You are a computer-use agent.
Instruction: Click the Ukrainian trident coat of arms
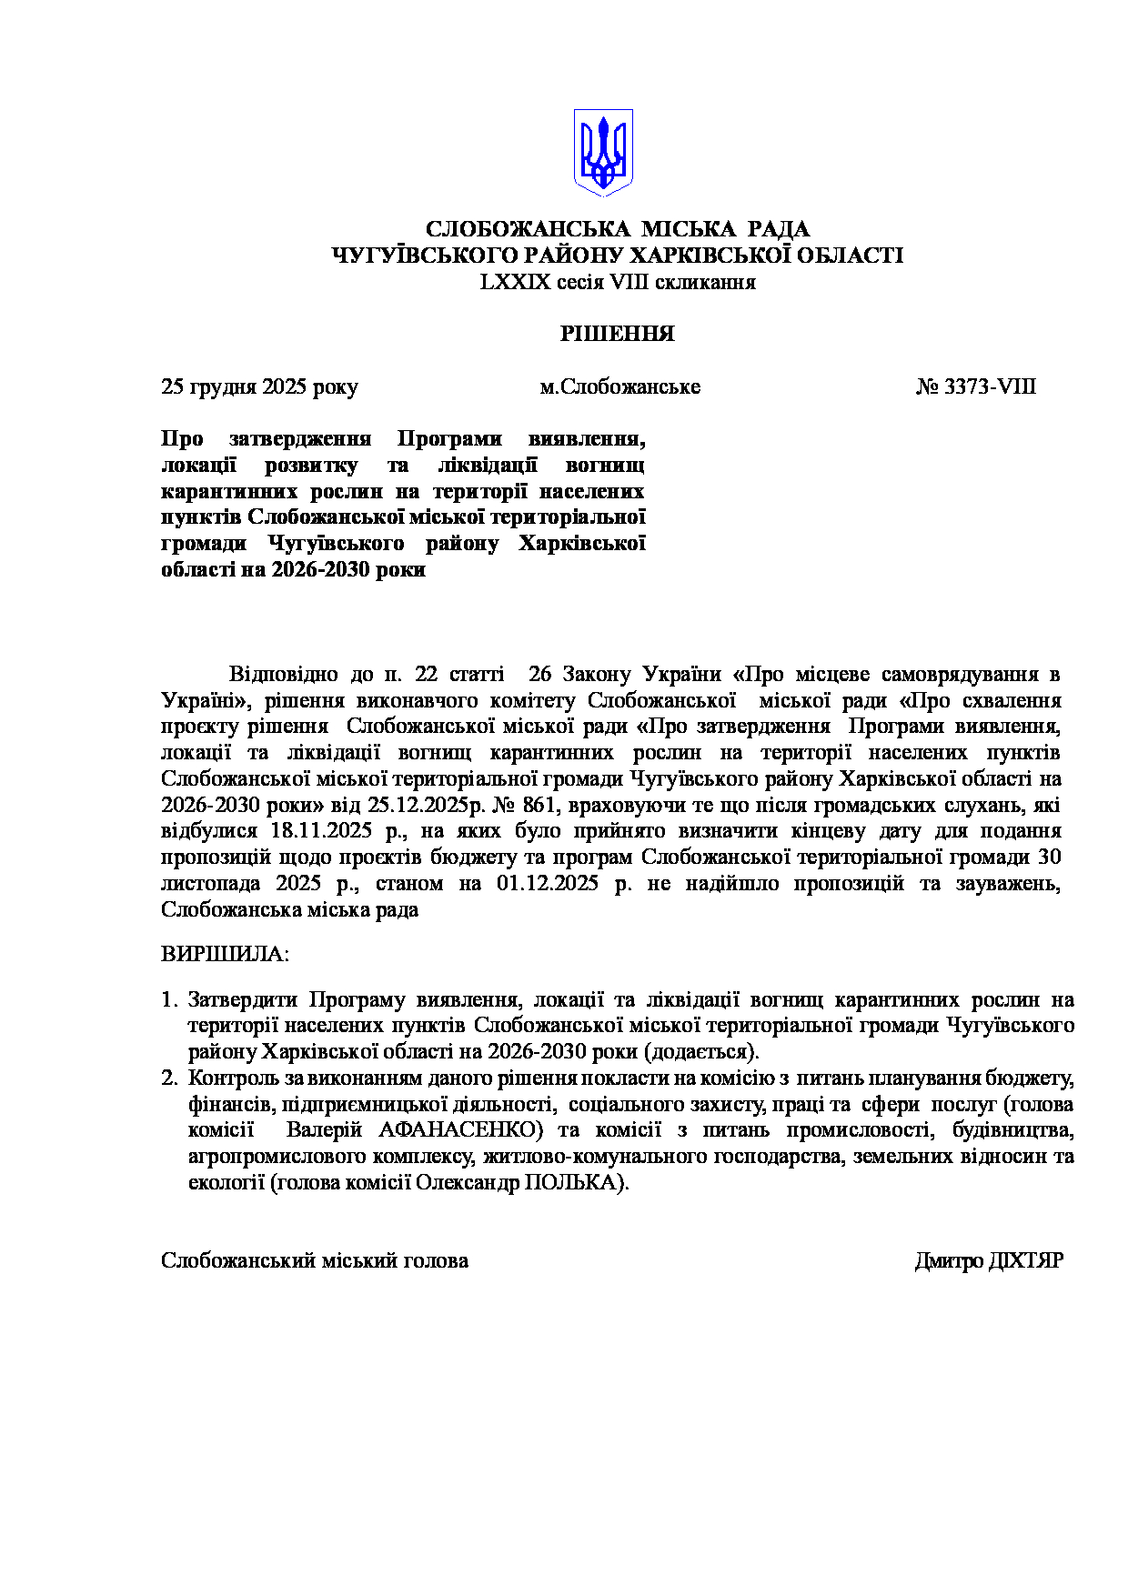click(x=602, y=152)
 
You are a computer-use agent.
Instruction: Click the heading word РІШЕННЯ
click(x=617, y=334)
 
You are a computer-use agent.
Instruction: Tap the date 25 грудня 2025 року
click(x=259, y=387)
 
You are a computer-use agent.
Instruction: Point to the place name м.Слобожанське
click(x=619, y=387)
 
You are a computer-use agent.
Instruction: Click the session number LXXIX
click(x=515, y=282)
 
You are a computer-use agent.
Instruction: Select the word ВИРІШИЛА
click(x=225, y=955)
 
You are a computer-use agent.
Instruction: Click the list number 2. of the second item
click(x=168, y=1078)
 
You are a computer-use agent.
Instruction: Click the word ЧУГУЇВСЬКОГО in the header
click(x=406, y=256)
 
